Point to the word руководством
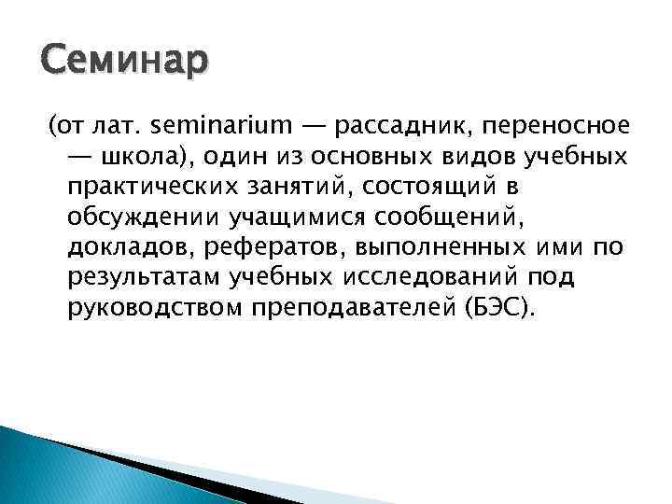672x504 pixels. coord(156,308)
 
